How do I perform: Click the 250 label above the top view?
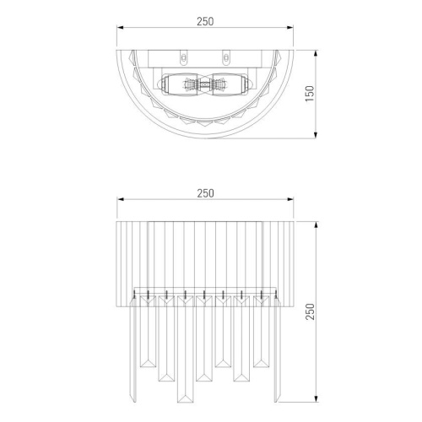205,21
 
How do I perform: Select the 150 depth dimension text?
310,94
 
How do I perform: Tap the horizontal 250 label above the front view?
205,193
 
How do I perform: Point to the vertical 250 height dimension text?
310,311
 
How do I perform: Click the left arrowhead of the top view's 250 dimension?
121,28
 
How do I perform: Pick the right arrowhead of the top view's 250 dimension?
289,28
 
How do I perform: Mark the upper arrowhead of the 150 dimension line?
316,54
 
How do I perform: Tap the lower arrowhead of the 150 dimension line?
316,135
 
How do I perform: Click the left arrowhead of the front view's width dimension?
121,199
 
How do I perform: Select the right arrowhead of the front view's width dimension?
289,199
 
